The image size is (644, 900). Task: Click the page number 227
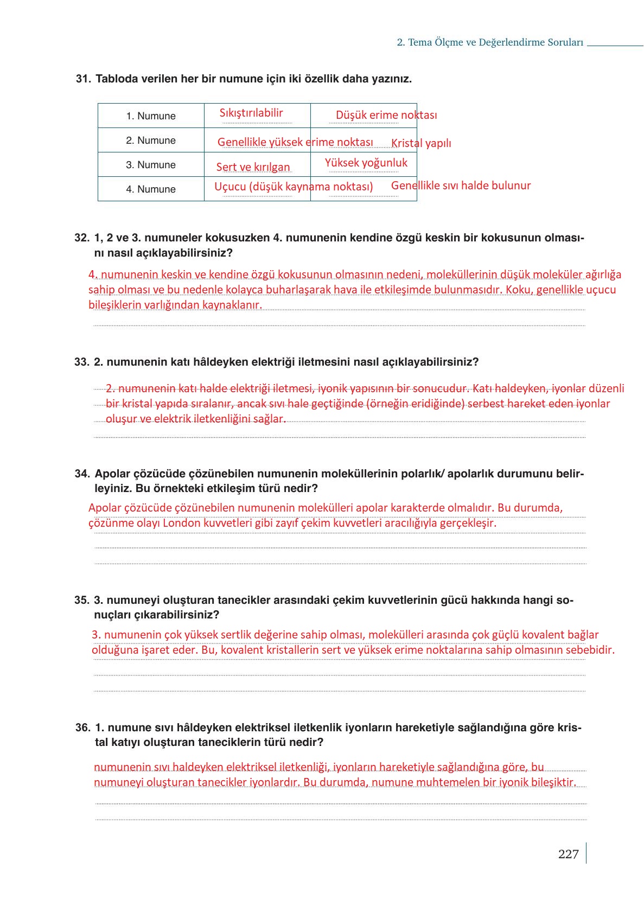568,854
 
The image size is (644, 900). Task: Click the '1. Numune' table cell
151,116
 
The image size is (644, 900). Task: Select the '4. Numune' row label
151,189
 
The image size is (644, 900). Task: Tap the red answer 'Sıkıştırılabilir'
251,113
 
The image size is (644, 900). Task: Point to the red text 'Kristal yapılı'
421,143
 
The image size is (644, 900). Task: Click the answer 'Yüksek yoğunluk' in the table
366,163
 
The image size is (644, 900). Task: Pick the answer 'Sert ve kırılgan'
253,167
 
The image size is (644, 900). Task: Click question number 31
83,79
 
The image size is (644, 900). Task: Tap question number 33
81,362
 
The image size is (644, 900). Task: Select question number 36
82,727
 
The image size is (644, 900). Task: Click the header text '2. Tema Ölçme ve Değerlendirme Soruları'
490,42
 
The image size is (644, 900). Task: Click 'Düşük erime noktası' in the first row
386,115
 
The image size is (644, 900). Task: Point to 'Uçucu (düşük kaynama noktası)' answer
294,187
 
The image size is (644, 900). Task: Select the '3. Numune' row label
151,165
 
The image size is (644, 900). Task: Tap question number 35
81,600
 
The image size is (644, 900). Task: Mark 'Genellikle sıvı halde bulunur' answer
461,186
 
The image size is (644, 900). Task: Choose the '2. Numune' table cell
151,141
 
